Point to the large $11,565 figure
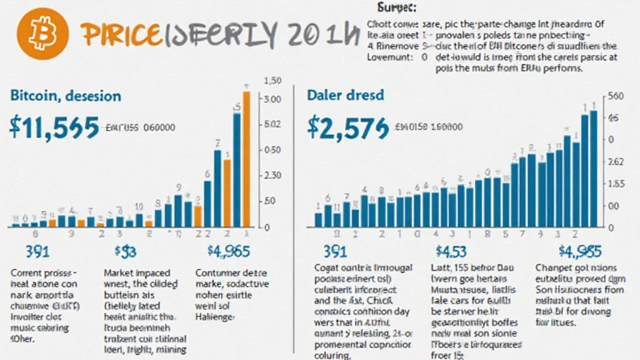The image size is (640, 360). tap(54, 127)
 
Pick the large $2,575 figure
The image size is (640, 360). tap(347, 127)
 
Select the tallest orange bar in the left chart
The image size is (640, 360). tap(246, 159)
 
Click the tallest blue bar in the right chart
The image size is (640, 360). tap(593, 169)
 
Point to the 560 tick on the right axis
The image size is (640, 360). tap(616, 96)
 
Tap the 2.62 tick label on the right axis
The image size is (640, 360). tap(616, 162)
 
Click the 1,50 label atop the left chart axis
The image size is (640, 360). tap(274, 81)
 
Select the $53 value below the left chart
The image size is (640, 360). tap(125, 251)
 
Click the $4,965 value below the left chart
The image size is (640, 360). tap(228, 251)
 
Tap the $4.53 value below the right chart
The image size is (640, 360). tap(450, 251)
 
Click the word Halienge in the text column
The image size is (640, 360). tap(214, 317)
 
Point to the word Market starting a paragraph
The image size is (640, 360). tap(119, 273)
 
